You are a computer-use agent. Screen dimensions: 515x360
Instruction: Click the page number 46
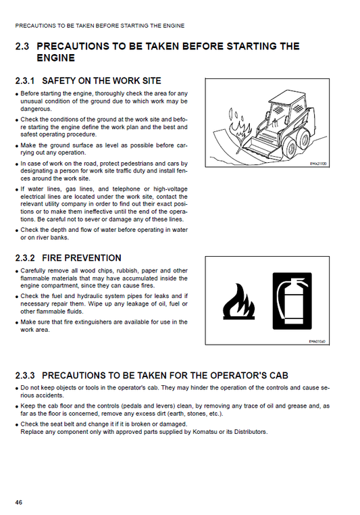pyautogui.click(x=19, y=501)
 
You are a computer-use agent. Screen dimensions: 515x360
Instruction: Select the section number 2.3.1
pyautogui.click(x=26, y=80)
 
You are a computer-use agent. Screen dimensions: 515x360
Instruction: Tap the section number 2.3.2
pyautogui.click(x=26, y=257)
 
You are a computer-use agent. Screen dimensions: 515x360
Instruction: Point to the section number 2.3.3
pyautogui.click(x=26, y=374)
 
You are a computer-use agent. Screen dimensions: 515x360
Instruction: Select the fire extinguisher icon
pyautogui.click(x=292, y=300)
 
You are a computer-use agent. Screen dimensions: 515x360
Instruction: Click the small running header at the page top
pyautogui.click(x=99, y=26)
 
